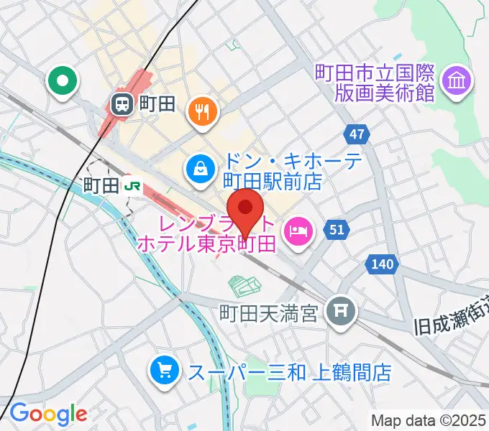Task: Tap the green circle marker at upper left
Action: click(63, 81)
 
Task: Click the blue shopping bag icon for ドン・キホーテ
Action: click(198, 170)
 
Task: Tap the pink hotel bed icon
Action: click(297, 231)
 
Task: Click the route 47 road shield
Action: click(357, 134)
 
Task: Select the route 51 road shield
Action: click(335, 229)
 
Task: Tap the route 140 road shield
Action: click(381, 264)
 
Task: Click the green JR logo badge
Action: click(132, 186)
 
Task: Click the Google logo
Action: click(48, 413)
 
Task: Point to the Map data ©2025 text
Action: click(429, 420)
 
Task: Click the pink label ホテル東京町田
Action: click(206, 244)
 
